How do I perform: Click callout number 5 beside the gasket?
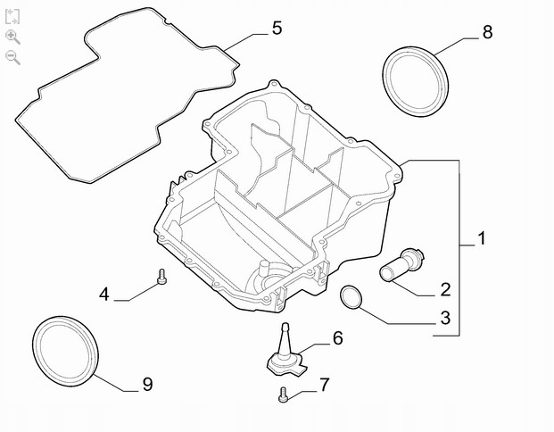pos(277,28)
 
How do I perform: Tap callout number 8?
pos(487,32)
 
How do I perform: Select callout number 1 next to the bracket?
pos(482,238)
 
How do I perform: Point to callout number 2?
pos(445,289)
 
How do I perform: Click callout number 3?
pos(445,318)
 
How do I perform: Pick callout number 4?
pos(103,295)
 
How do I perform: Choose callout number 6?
pos(338,338)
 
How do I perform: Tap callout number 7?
pos(325,385)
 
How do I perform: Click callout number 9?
pos(148,385)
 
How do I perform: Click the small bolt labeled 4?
pos(161,277)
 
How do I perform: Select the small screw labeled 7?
pos(283,395)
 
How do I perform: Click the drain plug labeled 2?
pos(401,265)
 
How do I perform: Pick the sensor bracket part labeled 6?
pos(285,358)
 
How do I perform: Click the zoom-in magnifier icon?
pos(12,37)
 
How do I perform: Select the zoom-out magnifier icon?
pos(12,57)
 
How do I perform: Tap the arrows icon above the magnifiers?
pos(12,17)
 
